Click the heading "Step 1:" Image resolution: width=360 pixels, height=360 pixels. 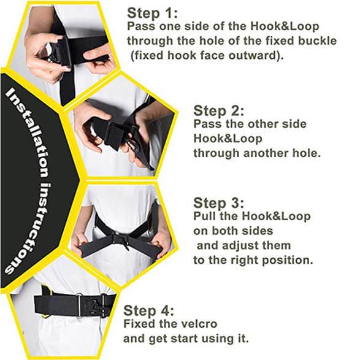[x=152, y=13]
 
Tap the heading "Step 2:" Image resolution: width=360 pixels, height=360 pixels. [x=219, y=110]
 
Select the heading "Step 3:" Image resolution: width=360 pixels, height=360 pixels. [x=219, y=203]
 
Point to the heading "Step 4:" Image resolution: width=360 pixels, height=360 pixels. [x=149, y=311]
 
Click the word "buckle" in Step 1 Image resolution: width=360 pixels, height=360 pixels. [x=317, y=41]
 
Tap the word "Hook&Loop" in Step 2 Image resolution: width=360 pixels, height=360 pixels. [x=228, y=139]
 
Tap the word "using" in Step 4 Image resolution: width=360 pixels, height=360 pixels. [x=216, y=339]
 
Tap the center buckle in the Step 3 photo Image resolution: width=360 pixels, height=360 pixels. [x=122, y=242]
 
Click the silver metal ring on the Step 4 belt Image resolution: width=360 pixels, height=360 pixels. [x=79, y=305]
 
